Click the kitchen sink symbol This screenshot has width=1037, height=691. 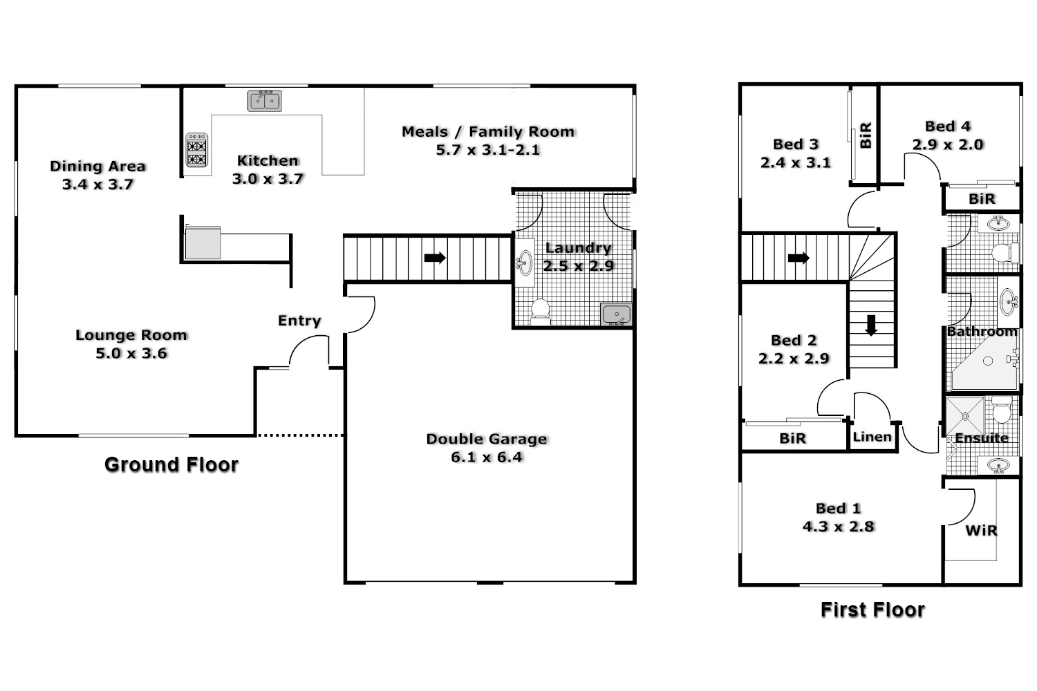(265, 101)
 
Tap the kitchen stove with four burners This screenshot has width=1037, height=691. (197, 151)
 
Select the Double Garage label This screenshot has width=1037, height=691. (486, 439)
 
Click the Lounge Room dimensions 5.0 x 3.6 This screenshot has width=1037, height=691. (131, 354)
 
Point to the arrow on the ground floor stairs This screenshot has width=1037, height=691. (435, 258)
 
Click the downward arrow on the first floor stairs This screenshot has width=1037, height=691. (871, 325)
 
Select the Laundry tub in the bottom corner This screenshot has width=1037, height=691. (616, 314)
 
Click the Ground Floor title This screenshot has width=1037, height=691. (171, 464)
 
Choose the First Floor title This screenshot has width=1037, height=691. (872, 609)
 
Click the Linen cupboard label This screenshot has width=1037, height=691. (872, 437)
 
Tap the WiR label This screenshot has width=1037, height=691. (981, 531)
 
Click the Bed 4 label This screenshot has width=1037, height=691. (948, 126)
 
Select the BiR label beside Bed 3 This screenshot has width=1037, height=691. (866, 135)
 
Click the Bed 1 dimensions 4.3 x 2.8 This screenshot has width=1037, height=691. (838, 527)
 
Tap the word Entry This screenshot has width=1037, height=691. (299, 321)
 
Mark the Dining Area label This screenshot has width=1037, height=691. (97, 167)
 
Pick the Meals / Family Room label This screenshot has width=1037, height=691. (488, 132)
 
